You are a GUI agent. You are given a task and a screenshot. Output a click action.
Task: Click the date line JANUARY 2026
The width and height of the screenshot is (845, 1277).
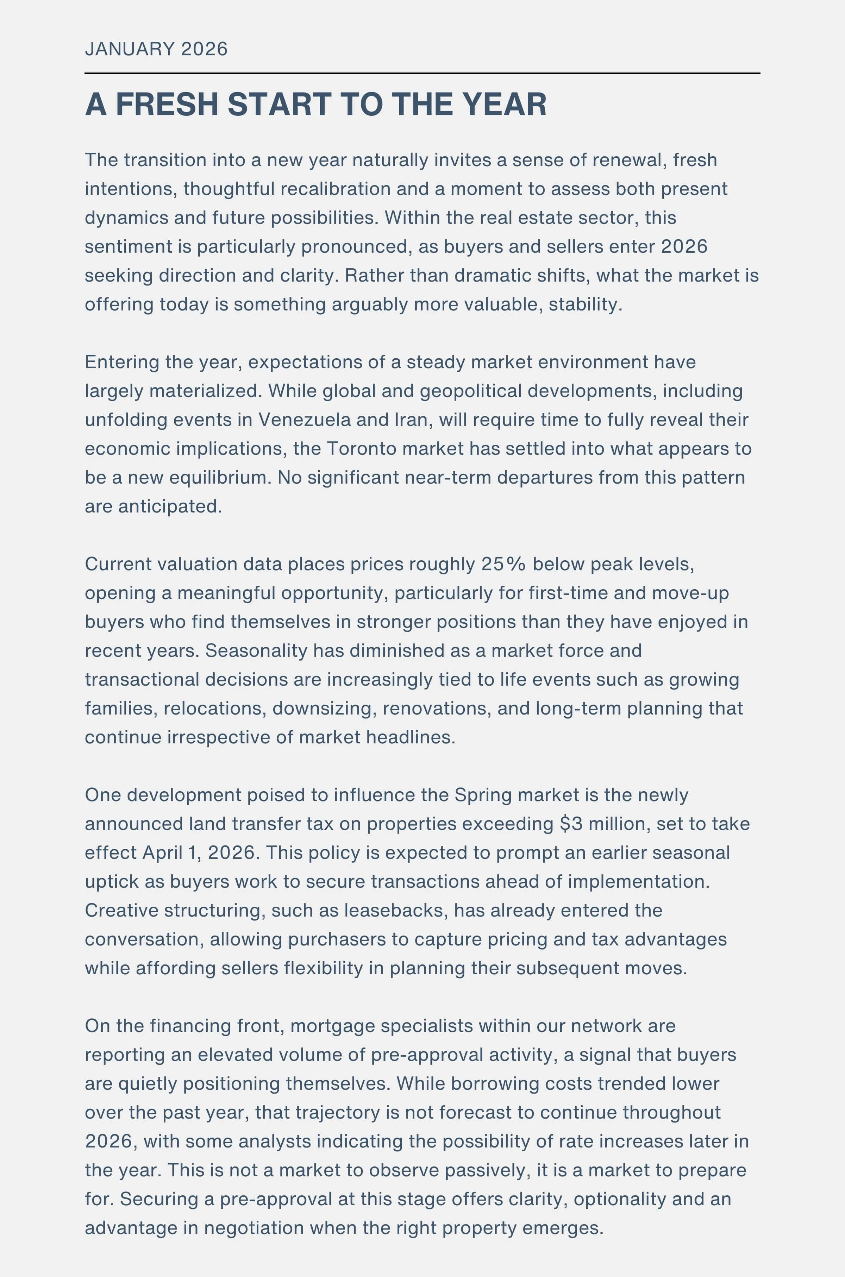156,49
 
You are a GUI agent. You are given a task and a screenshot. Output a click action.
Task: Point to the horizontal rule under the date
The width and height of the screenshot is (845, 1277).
422,73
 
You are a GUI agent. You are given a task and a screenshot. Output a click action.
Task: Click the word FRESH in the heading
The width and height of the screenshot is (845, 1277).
169,104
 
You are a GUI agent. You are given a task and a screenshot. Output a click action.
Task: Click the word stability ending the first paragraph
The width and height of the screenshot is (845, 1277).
584,304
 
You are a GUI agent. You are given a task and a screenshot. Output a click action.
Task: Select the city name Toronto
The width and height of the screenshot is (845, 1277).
362,449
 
